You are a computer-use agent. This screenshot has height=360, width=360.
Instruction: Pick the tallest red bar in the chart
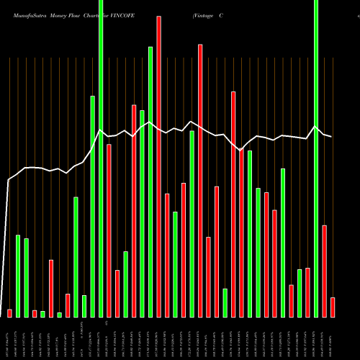click(158, 166)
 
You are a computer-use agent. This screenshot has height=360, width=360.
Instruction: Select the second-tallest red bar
click(200, 180)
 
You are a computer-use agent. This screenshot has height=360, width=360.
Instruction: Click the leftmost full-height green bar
click(101, 158)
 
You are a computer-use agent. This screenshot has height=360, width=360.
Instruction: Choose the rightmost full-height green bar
click(316, 158)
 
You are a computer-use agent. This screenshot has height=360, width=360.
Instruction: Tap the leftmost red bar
click(9, 313)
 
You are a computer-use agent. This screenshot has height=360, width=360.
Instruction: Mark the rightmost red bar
click(333, 307)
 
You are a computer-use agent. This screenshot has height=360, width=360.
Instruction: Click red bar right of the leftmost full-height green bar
click(109, 230)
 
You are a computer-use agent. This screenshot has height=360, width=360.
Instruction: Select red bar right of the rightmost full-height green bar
click(325, 271)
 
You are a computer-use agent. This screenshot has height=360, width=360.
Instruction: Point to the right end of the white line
click(331, 136)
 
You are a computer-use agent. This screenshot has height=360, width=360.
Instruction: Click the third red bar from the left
click(51, 288)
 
